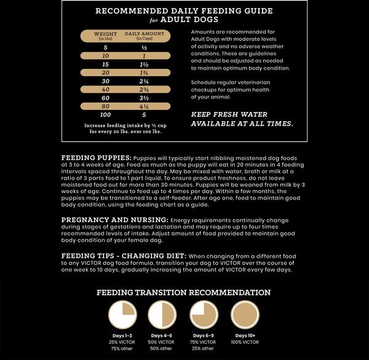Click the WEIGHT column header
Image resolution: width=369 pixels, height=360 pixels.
coord(105,36)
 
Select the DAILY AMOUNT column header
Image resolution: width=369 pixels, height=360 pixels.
coord(144,36)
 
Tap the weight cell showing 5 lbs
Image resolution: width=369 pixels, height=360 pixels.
coord(105,47)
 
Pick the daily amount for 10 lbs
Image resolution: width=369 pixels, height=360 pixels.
coord(144,56)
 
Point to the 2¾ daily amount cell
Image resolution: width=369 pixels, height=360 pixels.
coord(144,90)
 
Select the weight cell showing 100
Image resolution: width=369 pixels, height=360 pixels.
coord(105,115)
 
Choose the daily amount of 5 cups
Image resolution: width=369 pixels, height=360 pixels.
coord(144,115)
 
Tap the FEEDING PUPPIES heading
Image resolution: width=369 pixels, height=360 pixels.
coord(97,158)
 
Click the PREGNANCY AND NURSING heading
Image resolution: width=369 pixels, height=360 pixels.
coord(114,219)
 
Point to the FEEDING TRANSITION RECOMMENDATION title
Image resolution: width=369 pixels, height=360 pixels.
coord(184,293)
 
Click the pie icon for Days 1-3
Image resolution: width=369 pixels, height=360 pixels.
coord(122,314)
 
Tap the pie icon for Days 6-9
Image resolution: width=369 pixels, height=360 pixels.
coord(204,314)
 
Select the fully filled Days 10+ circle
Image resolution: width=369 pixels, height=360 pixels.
coord(245,314)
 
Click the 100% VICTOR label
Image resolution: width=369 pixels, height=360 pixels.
coord(245,342)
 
